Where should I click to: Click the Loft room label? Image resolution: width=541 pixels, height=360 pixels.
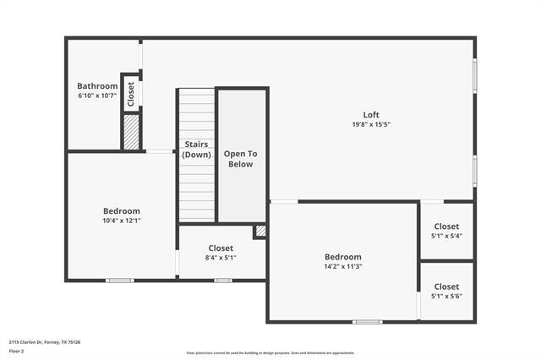pyautogui.click(x=371, y=115)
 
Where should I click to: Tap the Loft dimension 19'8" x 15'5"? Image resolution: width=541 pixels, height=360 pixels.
pyautogui.click(x=371, y=124)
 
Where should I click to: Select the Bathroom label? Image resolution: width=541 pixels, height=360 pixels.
pyautogui.click(x=97, y=86)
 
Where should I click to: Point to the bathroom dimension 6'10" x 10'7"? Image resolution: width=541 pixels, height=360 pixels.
pyautogui.click(x=97, y=95)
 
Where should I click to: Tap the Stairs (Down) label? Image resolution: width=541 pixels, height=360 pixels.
pyautogui.click(x=197, y=150)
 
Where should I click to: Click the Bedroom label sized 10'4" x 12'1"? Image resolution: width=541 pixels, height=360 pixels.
pyautogui.click(x=122, y=211)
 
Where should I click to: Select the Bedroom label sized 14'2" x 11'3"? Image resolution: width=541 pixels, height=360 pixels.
pyautogui.click(x=343, y=257)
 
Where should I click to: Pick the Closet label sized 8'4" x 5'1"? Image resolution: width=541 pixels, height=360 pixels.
pyautogui.click(x=221, y=248)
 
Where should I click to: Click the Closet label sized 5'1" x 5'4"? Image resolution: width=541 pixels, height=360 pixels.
pyautogui.click(x=446, y=226)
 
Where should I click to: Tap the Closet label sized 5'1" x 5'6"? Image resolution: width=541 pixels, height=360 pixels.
pyautogui.click(x=446, y=286)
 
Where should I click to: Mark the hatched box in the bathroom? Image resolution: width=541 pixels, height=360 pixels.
pyautogui.click(x=131, y=133)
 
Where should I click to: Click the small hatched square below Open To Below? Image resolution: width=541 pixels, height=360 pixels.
pyautogui.click(x=260, y=230)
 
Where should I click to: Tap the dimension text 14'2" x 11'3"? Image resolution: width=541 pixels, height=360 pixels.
pyautogui.click(x=343, y=266)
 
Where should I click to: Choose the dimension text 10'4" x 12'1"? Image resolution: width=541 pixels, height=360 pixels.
pyautogui.click(x=122, y=221)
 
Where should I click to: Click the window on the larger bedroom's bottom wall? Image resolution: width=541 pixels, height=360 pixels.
pyautogui.click(x=367, y=322)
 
